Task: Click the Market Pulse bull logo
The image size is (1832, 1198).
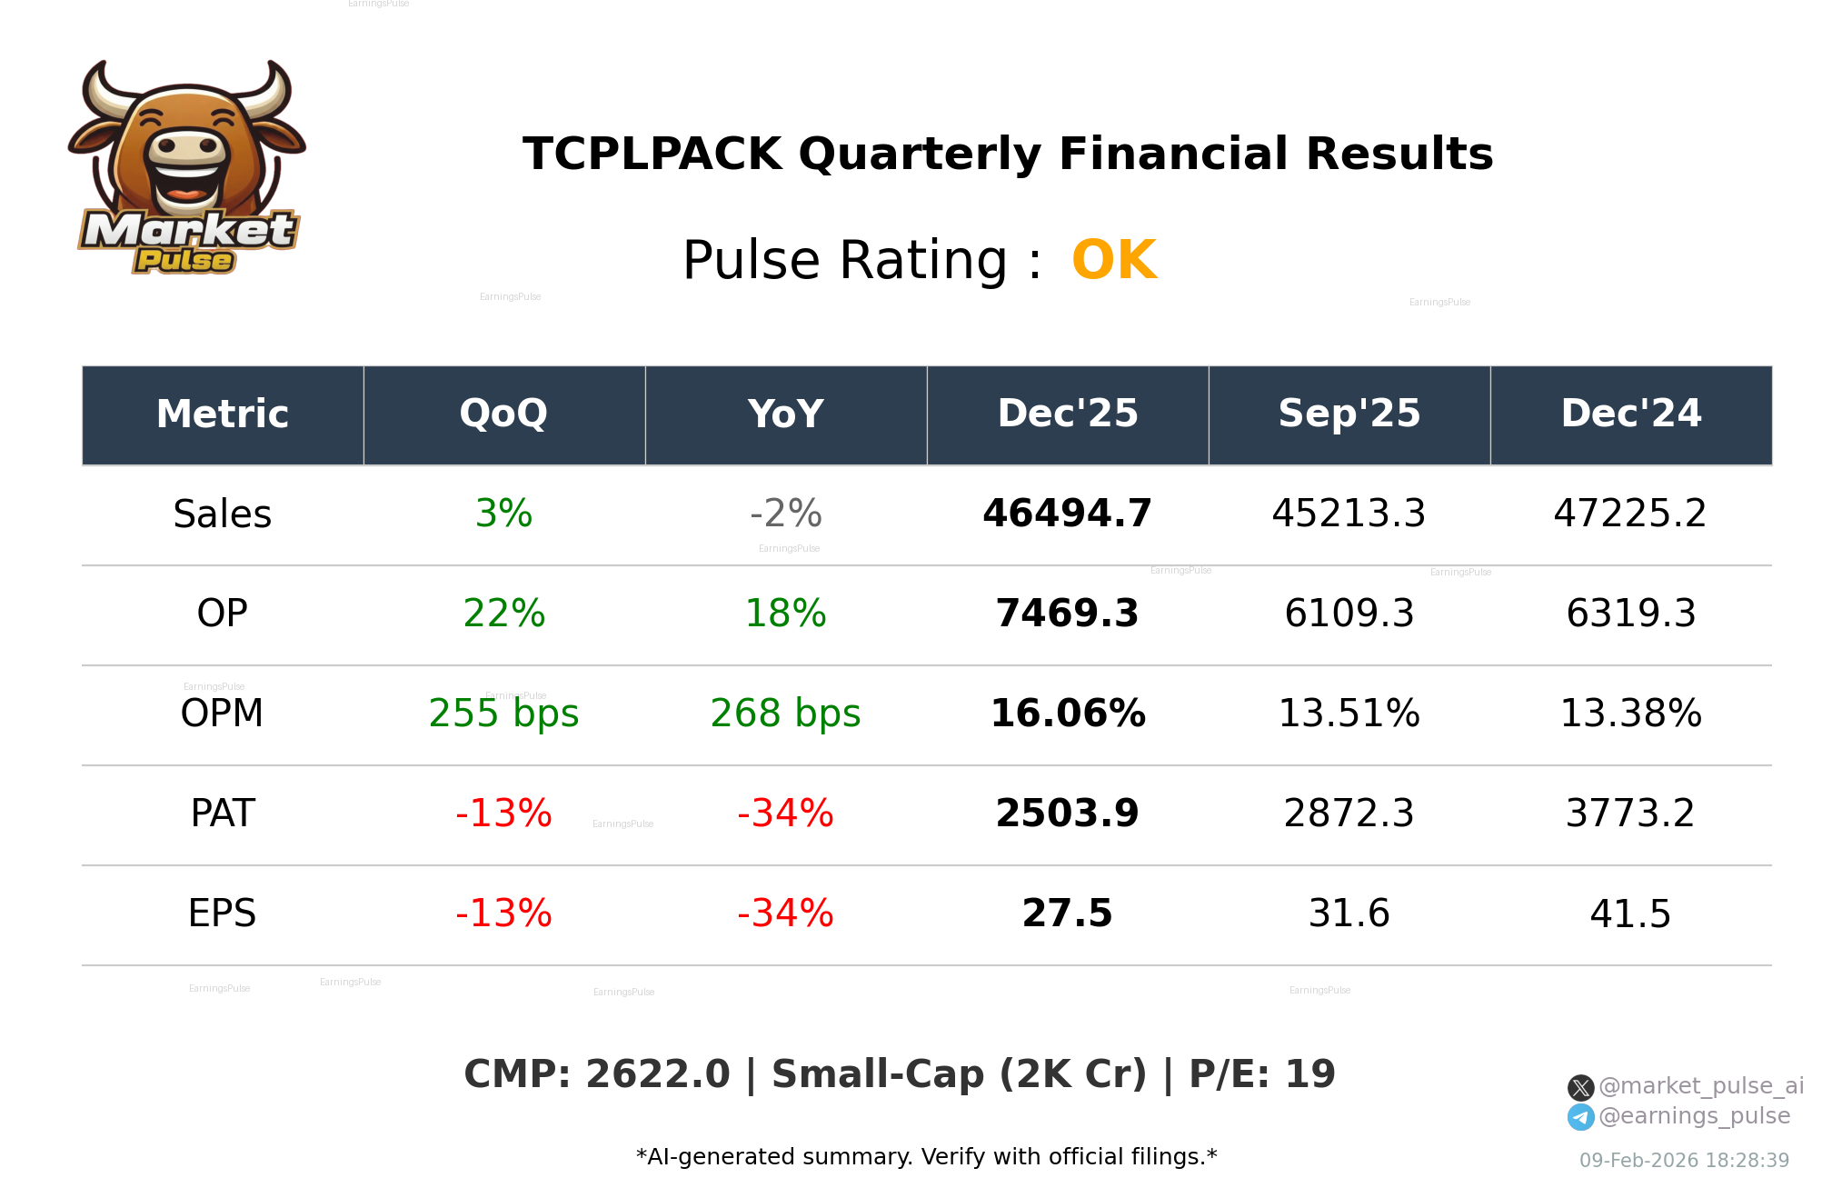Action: [186, 168]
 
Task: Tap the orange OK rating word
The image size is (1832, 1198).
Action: [1114, 261]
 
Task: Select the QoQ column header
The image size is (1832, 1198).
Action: [503, 414]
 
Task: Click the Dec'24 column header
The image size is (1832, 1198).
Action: [1630, 414]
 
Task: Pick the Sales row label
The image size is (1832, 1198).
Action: [222, 514]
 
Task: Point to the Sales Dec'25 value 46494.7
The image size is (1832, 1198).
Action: [1067, 514]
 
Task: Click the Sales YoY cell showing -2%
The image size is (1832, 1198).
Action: [785, 514]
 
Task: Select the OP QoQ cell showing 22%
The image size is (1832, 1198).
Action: [503, 614]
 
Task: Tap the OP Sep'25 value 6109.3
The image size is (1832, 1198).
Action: [1349, 614]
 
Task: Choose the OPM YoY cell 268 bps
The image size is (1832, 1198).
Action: [785, 714]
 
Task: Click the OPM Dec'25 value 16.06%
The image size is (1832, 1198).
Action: [1067, 714]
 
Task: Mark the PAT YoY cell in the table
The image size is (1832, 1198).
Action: [785, 814]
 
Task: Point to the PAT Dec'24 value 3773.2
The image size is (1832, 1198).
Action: [1630, 814]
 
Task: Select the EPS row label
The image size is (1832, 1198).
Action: [222, 914]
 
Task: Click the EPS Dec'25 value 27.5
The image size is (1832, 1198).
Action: [1067, 914]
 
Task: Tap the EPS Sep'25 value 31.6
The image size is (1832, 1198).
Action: [1349, 914]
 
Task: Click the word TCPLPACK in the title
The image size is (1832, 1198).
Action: [652, 155]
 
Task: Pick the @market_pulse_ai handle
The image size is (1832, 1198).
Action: [1700, 1086]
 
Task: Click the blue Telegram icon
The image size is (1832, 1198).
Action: [1581, 1117]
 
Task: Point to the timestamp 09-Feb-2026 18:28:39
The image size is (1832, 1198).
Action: [1684, 1161]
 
